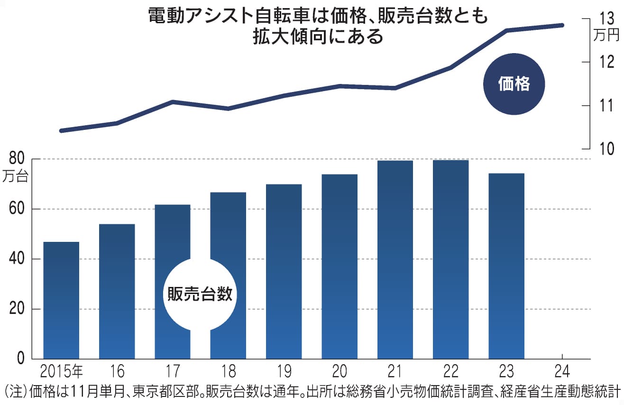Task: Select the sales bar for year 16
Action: pos(117,291)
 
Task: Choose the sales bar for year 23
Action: pos(506,266)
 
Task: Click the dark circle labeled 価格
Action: pos(514,84)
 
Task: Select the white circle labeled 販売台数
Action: pos(200,295)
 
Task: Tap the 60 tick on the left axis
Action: pos(15,209)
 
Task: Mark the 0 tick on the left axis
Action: pos(20,359)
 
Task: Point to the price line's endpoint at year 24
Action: pos(562,25)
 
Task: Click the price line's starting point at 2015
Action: pos(61,130)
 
